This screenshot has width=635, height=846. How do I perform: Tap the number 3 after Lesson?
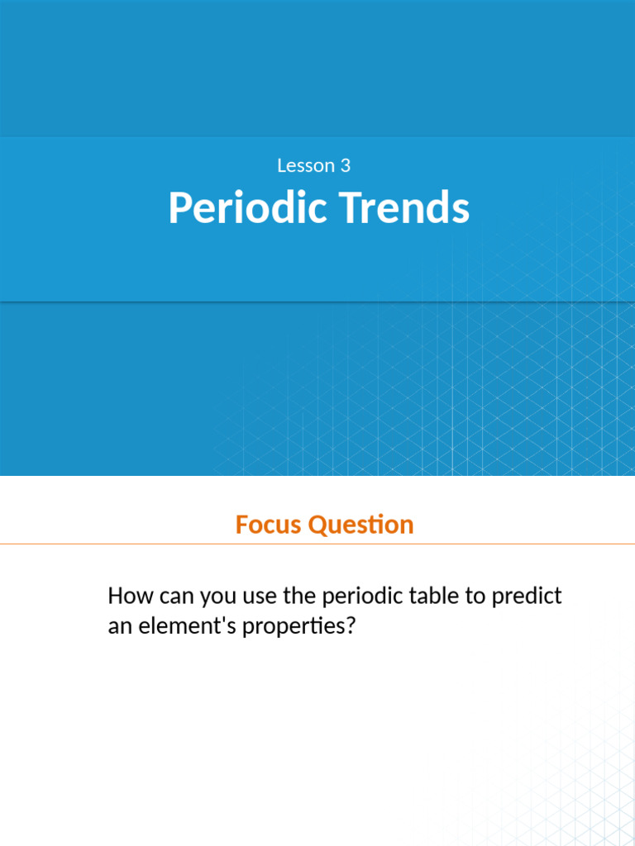[x=345, y=165]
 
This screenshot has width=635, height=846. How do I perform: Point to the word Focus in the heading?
[x=268, y=525]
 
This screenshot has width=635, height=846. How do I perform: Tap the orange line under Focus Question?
[x=317, y=544]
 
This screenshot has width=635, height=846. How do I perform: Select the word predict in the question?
[x=527, y=596]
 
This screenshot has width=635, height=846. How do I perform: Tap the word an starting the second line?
[x=118, y=626]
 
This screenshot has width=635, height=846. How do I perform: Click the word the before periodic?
[x=301, y=596]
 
